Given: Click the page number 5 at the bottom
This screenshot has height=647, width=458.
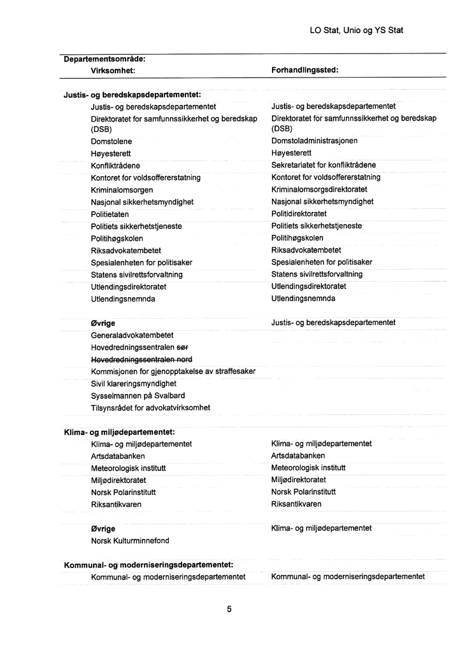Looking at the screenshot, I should click(x=229, y=609).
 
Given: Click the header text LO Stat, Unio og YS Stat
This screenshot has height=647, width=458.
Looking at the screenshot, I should click(x=356, y=30).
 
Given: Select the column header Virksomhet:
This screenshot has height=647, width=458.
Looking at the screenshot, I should click(x=113, y=71).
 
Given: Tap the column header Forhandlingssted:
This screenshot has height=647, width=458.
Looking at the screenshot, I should click(x=304, y=71).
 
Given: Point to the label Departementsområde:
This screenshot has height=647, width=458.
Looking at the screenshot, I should click(x=105, y=59).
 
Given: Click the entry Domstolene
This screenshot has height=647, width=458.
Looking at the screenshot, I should click(x=111, y=141).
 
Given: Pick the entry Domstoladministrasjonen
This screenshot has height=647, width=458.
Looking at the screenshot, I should click(x=314, y=141).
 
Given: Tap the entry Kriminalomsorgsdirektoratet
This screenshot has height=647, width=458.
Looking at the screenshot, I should click(x=319, y=190).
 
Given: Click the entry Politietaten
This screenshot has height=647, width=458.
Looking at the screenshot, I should click(x=110, y=214).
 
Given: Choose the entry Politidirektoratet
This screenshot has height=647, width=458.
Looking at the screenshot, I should click(x=299, y=214).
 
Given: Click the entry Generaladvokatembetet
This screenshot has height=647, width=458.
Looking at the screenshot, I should click(x=132, y=335).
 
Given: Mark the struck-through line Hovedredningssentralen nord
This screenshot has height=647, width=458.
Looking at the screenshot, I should click(x=141, y=359).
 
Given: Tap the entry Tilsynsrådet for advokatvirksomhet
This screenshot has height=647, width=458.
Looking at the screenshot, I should click(x=150, y=407).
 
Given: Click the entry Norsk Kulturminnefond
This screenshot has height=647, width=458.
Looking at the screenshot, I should click(x=130, y=541).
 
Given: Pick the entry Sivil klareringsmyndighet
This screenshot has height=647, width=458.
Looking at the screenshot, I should click(x=134, y=384).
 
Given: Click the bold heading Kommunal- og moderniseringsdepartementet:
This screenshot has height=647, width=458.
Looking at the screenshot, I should click(x=148, y=565).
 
